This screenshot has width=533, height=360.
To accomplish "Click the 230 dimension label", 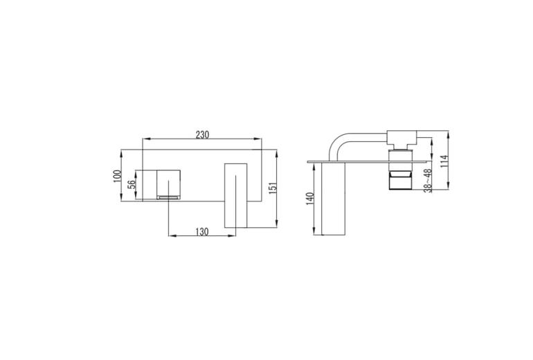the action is click(202, 134).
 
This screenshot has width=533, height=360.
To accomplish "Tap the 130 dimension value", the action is click(202, 232).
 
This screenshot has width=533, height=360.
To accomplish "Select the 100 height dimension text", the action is click(117, 176).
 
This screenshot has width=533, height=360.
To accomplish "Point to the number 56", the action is click(132, 184).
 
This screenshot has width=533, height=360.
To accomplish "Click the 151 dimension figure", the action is click(273, 188).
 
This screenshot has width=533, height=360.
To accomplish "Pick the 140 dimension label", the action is click(309, 199).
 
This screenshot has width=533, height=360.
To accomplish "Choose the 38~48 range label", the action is click(428, 181).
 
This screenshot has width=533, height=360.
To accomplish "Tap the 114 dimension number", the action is click(444, 161).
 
